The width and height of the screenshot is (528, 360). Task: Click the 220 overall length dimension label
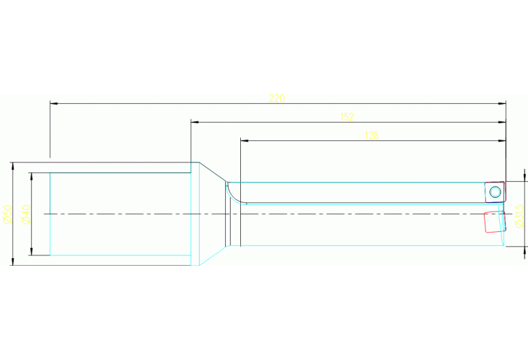[277, 98]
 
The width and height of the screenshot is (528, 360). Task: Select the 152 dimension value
[347, 117]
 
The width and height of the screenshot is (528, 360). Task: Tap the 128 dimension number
[371, 136]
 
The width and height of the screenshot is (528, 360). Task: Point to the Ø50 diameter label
[7, 213]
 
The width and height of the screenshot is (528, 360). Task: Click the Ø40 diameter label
[25, 214]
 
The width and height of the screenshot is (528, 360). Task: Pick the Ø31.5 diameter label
[520, 219]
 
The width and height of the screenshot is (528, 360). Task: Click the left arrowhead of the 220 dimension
[53, 104]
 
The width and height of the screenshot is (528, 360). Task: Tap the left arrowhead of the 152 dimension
[194, 123]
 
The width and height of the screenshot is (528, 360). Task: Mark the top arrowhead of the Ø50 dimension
[12, 165]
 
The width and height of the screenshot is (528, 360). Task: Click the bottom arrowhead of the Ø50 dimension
[12, 262]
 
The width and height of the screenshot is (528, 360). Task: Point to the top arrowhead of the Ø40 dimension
[31, 176]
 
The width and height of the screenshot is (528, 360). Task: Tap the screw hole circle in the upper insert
[495, 191]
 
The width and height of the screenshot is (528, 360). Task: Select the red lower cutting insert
[493, 222]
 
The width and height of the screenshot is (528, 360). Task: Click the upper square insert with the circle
[494, 191]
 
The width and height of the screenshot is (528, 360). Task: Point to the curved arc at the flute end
[234, 195]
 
